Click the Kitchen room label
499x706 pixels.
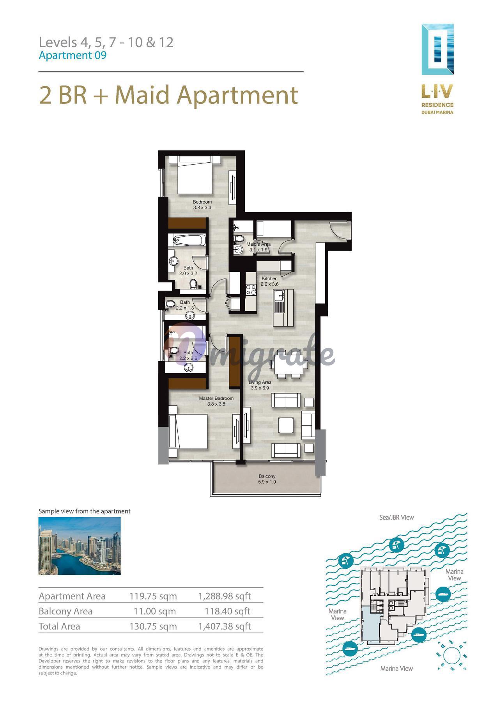pos(269,278)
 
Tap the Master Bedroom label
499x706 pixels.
pos(216,398)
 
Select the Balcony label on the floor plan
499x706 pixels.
pos(267,476)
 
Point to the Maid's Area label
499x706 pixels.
pos(258,244)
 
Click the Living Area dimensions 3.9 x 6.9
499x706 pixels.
pos(260,388)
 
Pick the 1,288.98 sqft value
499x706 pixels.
pos(225,596)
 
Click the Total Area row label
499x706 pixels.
pos(59,626)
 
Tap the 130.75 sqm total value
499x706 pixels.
pos(153,626)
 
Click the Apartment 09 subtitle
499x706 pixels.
pos(73,55)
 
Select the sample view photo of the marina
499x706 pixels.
pos(80,546)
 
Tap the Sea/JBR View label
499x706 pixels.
pos(396,517)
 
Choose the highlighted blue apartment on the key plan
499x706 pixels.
pos(370,623)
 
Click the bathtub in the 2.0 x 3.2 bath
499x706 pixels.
pos(189,240)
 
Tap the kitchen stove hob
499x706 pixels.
pos(250,289)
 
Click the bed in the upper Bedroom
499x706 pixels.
pos(195,174)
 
